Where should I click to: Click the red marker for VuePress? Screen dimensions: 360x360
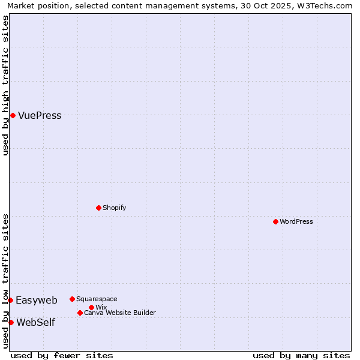click(13, 115)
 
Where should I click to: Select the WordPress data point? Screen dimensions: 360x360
click(275, 221)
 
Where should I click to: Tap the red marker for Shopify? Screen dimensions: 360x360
click(98, 208)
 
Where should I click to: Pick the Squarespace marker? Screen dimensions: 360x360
click(72, 299)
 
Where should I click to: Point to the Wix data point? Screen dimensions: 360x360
click(91, 307)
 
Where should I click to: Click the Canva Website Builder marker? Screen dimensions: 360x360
click(80, 313)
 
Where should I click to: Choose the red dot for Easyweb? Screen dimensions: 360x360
click(11, 300)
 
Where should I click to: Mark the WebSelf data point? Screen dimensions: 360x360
click(11, 322)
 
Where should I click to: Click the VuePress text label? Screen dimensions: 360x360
click(40, 116)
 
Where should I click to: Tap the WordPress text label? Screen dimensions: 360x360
click(296, 221)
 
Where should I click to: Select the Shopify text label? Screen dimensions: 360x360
click(114, 208)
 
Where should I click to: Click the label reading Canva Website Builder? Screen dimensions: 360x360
click(119, 313)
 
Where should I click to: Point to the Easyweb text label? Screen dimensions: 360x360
click(37, 301)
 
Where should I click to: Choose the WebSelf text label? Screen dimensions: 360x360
click(35, 323)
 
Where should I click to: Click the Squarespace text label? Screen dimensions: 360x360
click(97, 299)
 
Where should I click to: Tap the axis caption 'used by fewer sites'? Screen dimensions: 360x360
click(62, 355)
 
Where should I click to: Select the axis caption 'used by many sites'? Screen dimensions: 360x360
click(301, 355)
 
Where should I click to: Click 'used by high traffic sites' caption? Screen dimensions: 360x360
click(5, 85)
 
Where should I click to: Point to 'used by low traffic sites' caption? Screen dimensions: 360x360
click(5, 281)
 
